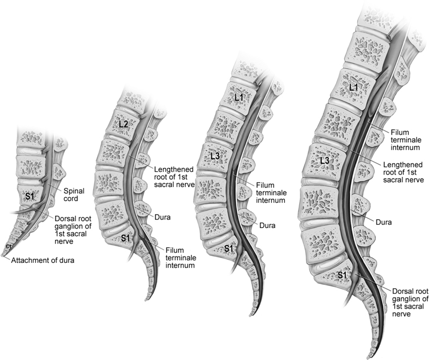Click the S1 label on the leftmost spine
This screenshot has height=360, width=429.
pyautogui.click(x=32, y=196)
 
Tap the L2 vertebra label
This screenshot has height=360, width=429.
pyautogui.click(x=123, y=124)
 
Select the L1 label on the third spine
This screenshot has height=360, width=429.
pyautogui.click(x=239, y=98)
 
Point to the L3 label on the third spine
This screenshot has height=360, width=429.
pyautogui.click(x=216, y=156)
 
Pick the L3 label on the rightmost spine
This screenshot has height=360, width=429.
pyautogui.click(x=325, y=161)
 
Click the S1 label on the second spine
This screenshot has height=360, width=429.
pyautogui.click(x=125, y=238)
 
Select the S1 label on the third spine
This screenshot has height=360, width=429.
pyautogui.click(x=228, y=248)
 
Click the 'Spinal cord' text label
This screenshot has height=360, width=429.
pyautogui.click(x=73, y=194)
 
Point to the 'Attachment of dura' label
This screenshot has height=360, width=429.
pyautogui.click(x=43, y=260)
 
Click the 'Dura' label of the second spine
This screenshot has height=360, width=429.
pyautogui.click(x=162, y=217)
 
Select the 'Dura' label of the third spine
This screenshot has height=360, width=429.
pyautogui.click(x=267, y=225)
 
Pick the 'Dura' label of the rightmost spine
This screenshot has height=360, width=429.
pyautogui.click(x=383, y=222)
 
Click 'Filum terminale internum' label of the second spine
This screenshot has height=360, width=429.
pyautogui.click(x=180, y=258)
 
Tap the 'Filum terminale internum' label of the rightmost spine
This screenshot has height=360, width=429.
pyautogui.click(x=405, y=140)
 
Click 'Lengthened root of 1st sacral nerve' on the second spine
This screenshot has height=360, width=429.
pyautogui.click(x=174, y=177)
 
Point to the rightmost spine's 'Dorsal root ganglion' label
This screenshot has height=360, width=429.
pyautogui.click(x=410, y=302)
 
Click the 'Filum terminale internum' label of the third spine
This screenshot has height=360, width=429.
pyautogui.click(x=271, y=193)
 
